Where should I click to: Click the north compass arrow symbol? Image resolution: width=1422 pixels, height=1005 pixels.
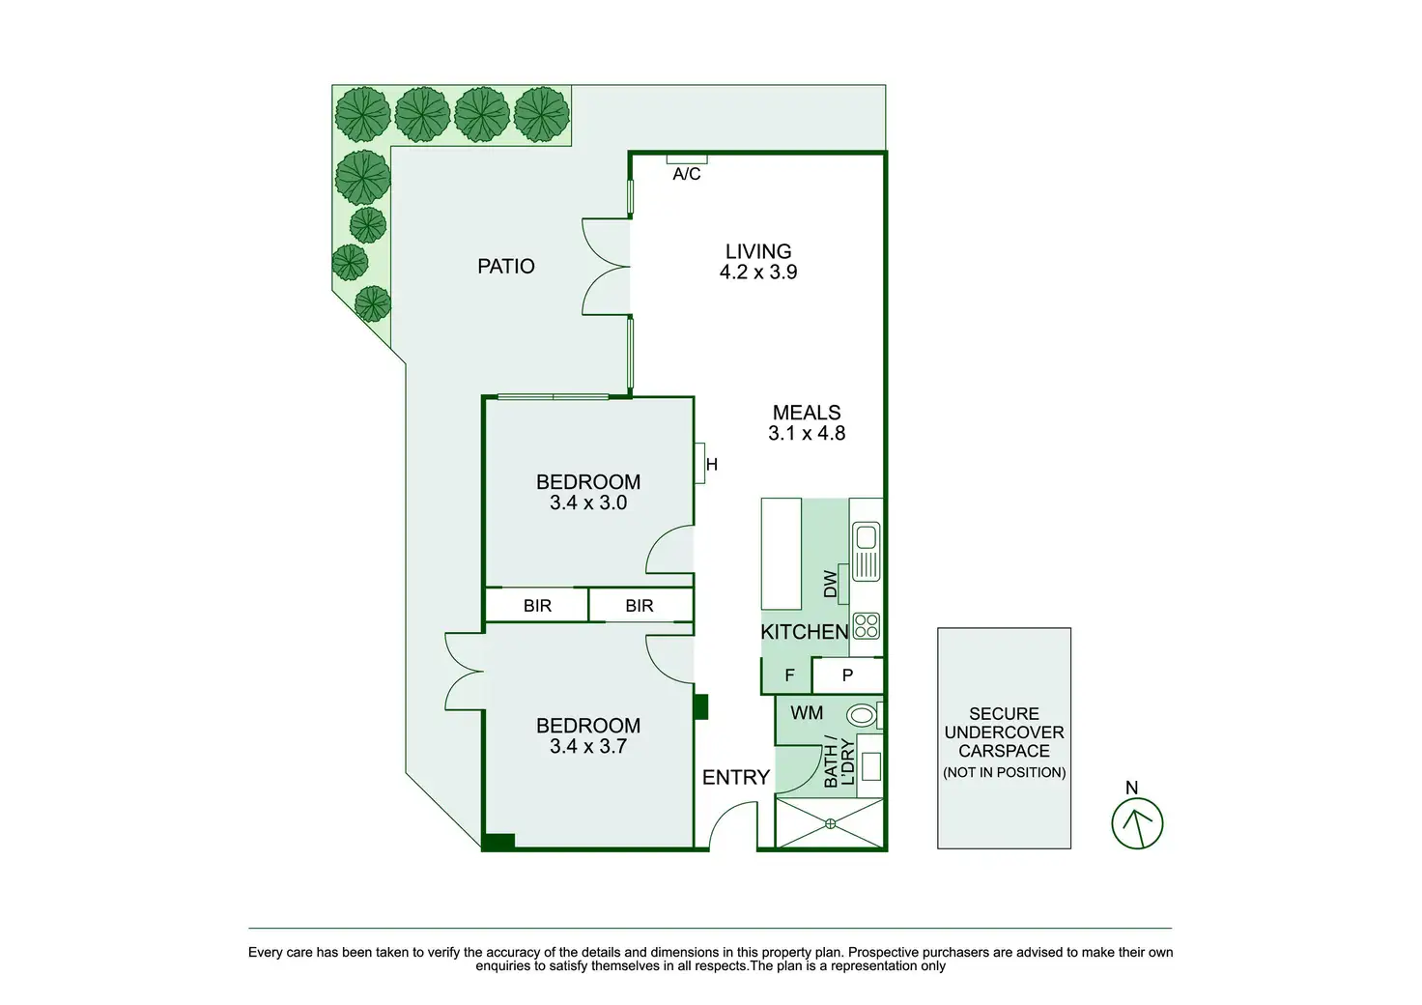[x=1137, y=824]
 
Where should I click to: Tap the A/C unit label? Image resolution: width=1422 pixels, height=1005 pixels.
[x=687, y=174]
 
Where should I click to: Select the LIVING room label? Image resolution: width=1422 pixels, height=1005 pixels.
[x=758, y=251]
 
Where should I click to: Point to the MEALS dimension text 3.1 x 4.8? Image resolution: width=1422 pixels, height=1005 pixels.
[x=807, y=434]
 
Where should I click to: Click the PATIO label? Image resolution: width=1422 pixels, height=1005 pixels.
[x=505, y=266]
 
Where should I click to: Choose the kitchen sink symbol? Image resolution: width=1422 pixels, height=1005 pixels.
[x=866, y=551]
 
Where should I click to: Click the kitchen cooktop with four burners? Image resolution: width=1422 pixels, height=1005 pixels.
[x=867, y=626]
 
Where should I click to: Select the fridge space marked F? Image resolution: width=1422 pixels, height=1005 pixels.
[x=789, y=675]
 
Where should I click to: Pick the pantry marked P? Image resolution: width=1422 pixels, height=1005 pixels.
[x=847, y=675]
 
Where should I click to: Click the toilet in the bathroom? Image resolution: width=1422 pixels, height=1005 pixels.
[x=863, y=716]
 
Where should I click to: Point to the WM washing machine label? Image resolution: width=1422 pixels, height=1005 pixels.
[x=807, y=713]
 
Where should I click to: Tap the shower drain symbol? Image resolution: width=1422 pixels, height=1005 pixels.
[x=830, y=823]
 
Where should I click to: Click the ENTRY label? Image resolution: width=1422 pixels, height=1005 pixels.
[x=735, y=777]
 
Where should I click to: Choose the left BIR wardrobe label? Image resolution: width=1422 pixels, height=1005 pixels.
[x=537, y=606]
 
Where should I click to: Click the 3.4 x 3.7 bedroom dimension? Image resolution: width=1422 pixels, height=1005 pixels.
[x=588, y=746]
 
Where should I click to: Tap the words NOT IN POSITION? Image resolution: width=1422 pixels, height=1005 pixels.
[x=1004, y=772]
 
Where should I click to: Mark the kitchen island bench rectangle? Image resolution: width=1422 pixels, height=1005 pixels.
[x=781, y=553]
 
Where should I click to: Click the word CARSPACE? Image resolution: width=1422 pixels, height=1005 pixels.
[x=1004, y=751]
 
